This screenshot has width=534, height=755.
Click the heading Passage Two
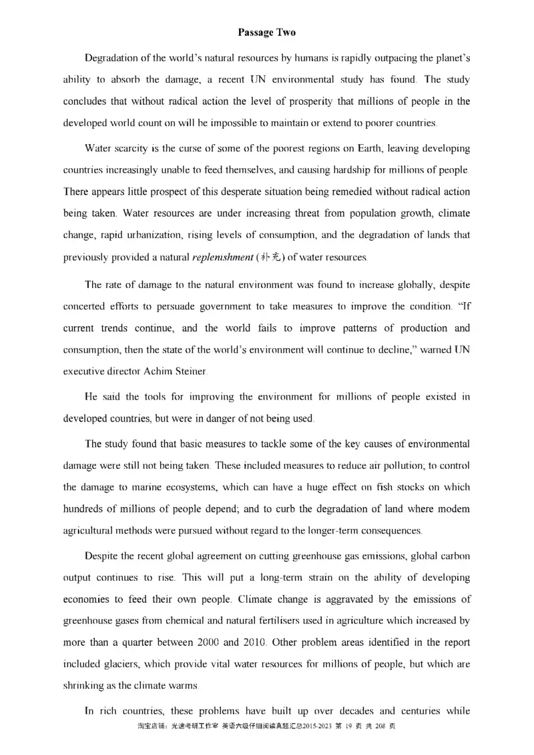(x=266, y=32)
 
